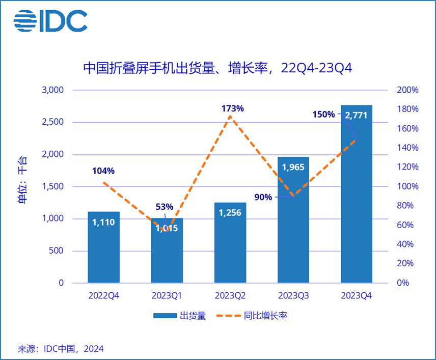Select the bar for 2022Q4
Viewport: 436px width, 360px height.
pyautogui.click(x=103, y=247)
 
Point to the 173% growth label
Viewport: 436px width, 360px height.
pyautogui.click(x=232, y=108)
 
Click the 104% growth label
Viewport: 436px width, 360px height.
pyautogui.click(x=103, y=171)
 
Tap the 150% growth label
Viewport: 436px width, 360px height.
pyautogui.click(x=324, y=115)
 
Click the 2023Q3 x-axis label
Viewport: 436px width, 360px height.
pyautogui.click(x=293, y=295)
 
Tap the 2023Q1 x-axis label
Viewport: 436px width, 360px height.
pyautogui.click(x=167, y=295)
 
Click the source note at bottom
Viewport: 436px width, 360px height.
pyautogui.click(x=61, y=349)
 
